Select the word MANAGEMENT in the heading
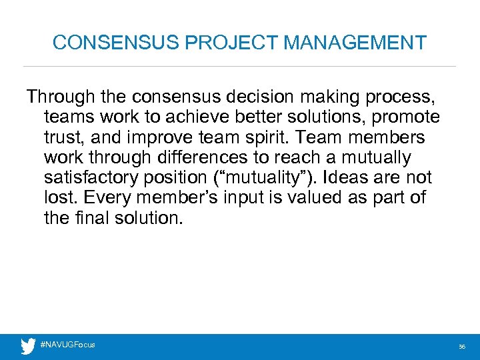pos(355,43)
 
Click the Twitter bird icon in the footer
pos(28,346)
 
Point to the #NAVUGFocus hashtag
pos(68,345)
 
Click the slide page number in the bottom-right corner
pos(461,347)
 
